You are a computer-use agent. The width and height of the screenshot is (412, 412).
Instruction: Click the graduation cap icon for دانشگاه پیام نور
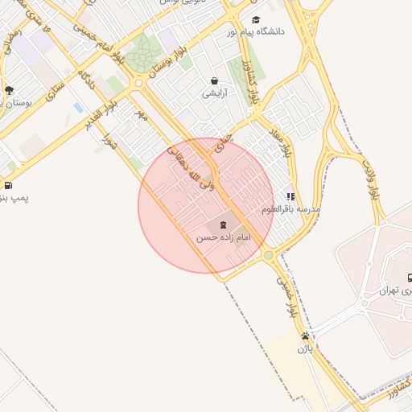[256, 20]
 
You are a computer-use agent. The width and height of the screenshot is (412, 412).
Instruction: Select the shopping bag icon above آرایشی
[215, 80]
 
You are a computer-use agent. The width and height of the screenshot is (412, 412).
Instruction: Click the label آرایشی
[215, 93]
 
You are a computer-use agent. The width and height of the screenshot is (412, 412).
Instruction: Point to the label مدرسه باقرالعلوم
[290, 208]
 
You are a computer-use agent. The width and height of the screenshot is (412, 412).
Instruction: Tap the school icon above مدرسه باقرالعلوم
[290, 196]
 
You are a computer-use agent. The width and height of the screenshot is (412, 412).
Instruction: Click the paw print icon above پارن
[305, 336]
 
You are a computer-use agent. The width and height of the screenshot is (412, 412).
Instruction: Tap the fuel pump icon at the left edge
[7, 186]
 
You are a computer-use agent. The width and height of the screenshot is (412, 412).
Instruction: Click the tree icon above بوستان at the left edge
[9, 90]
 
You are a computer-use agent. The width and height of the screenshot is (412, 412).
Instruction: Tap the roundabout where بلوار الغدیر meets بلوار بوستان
[140, 83]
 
